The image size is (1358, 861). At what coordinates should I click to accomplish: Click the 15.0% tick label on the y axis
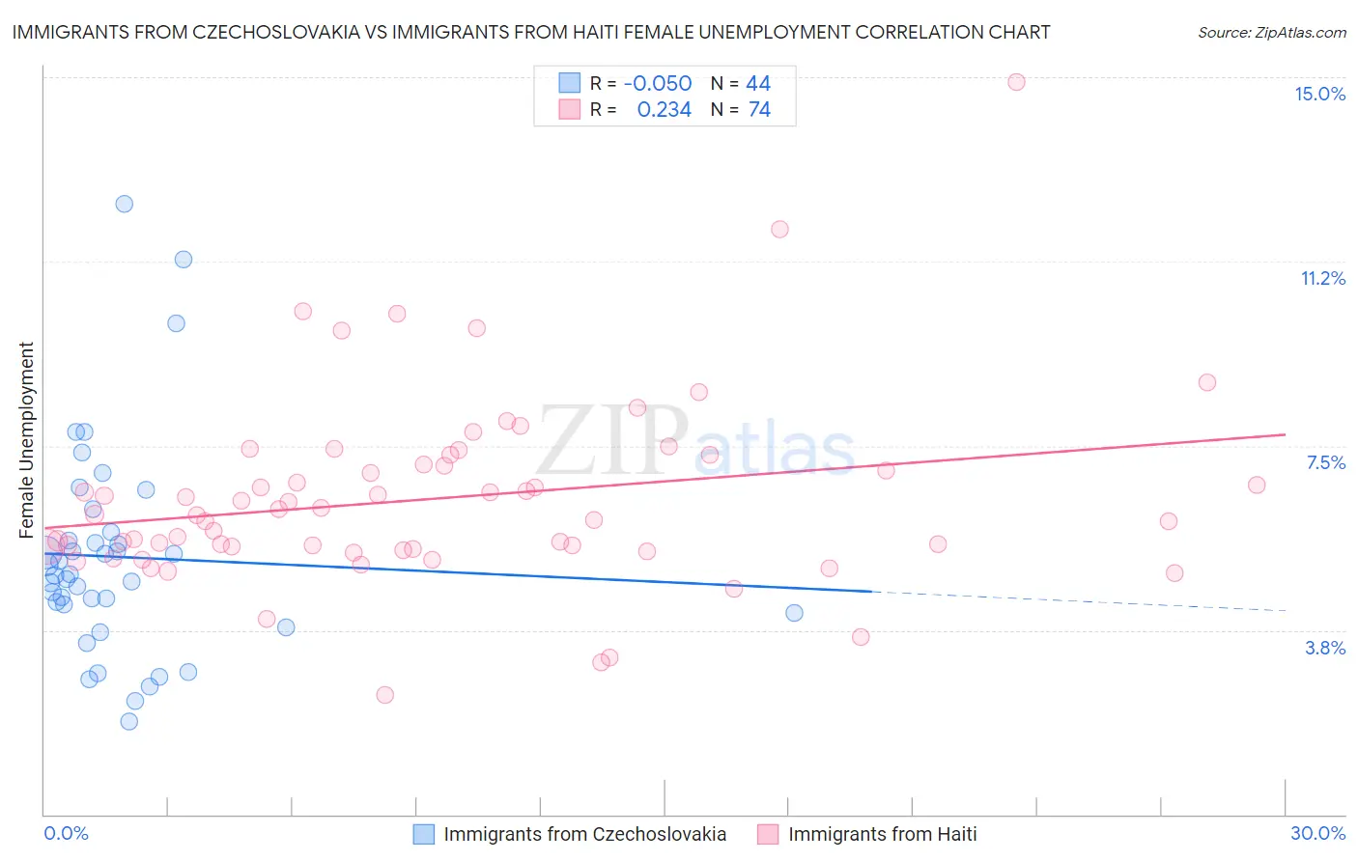pos(1319,94)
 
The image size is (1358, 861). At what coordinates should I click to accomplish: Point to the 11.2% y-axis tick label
pos(1322,278)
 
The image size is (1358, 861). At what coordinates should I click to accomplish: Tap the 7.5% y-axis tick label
pos(1325,462)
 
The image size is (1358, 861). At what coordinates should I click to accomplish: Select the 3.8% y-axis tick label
pos(1325,648)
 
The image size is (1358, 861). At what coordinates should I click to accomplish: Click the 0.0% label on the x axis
pos(66,833)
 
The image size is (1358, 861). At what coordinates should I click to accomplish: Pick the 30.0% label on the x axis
pos(1317,833)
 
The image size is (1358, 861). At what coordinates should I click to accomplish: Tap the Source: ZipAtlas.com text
pos(1271,33)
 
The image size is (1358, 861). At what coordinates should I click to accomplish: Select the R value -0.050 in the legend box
pos(658,83)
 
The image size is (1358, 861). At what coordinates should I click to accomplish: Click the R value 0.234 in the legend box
pos(664,110)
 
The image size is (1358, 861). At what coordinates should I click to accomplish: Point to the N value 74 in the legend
pos(759,110)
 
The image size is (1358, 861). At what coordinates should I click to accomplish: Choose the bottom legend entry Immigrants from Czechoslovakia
pos(584,834)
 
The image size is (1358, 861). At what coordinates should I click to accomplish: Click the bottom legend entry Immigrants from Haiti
pos(882,834)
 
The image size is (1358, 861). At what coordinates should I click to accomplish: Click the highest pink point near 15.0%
pos(1016,82)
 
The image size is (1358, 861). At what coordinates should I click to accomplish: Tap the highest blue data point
pos(125,204)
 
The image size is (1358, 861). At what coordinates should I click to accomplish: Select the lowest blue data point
pos(128,721)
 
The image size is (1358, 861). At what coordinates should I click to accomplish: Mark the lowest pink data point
pos(384,695)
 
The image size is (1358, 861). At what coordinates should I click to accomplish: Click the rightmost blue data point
pos(794,613)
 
